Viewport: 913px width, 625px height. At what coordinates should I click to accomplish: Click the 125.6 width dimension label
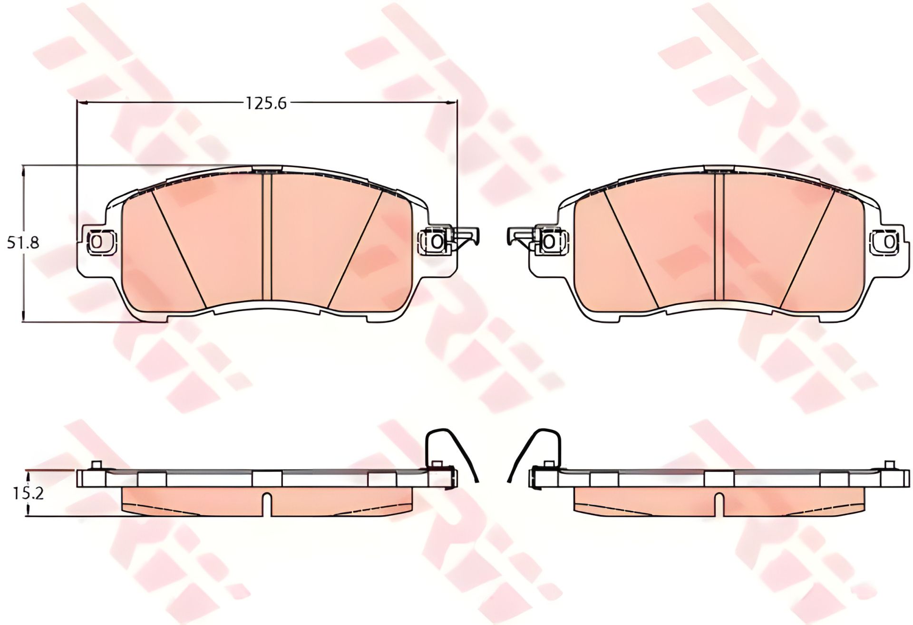click(266, 103)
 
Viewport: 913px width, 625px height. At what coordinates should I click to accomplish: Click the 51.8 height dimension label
click(23, 243)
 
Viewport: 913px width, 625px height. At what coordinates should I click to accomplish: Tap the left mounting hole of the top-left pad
click(97, 241)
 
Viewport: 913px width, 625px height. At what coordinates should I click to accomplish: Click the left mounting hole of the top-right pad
click(549, 241)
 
